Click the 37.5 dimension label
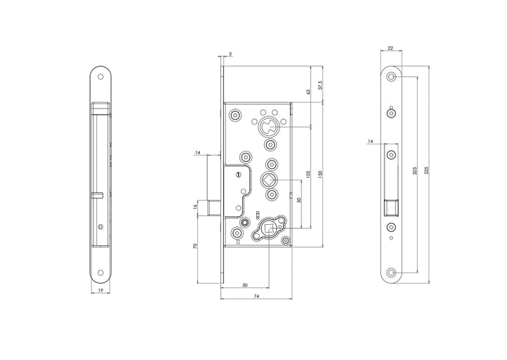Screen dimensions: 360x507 tap(320, 85)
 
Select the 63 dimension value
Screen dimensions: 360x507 tap(308, 92)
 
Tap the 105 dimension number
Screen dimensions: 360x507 tap(308, 174)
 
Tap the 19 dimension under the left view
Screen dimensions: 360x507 tap(102, 290)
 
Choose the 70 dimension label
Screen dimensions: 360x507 tap(194, 247)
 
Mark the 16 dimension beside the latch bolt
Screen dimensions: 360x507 tap(194, 206)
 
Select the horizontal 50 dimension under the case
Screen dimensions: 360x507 tap(245, 285)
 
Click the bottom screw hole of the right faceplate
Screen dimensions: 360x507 tap(391, 271)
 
